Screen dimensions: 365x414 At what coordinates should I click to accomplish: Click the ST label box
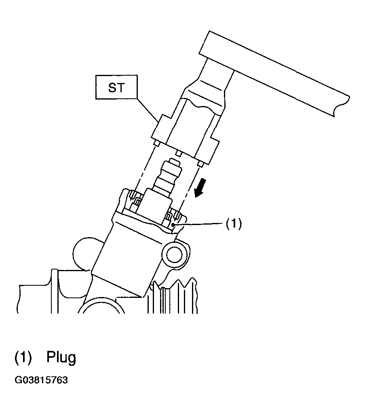[x=116, y=87]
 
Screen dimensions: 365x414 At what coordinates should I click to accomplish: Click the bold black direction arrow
[x=200, y=188]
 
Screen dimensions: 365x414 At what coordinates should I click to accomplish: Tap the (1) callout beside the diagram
[x=234, y=224]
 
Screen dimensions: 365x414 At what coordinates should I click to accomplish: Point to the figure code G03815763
[x=41, y=380]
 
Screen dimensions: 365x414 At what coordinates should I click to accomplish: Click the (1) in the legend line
[x=23, y=357]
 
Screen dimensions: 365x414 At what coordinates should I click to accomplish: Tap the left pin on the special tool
[x=156, y=144]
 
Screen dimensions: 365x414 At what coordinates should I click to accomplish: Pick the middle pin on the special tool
[x=178, y=153]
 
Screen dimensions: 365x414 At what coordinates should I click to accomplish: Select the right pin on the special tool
[x=200, y=164]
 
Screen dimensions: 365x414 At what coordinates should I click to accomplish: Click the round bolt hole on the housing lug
[x=174, y=254]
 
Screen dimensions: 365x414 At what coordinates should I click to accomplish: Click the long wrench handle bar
[x=274, y=73]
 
